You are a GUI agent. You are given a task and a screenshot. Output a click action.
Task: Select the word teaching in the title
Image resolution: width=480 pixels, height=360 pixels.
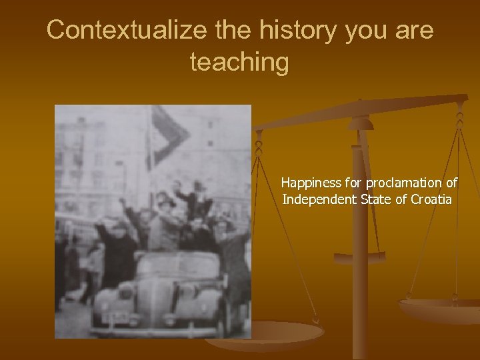(x=240, y=62)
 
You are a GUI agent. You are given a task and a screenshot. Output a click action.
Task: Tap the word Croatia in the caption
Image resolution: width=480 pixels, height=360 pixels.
(x=431, y=199)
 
